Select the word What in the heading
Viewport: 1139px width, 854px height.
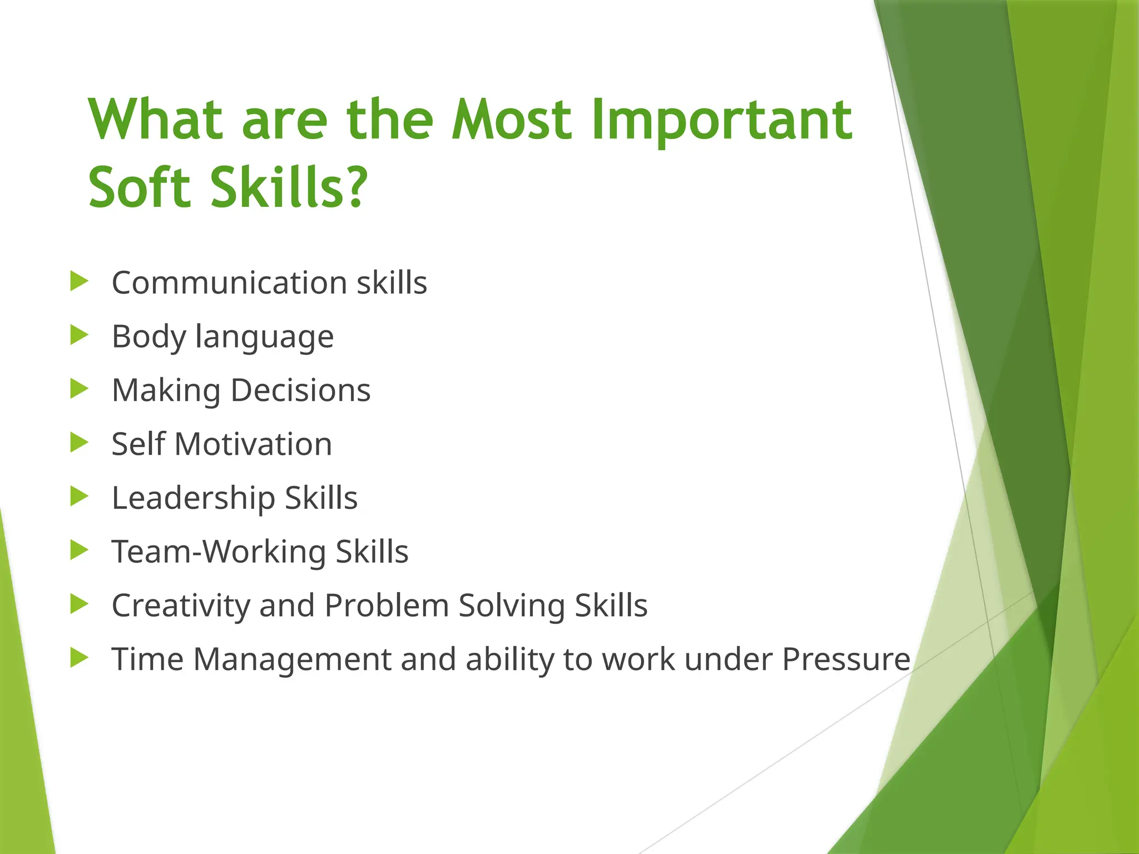(156, 120)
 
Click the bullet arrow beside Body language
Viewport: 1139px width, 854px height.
(79, 335)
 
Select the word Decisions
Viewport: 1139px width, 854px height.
(300, 390)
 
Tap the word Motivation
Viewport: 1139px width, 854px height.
(253, 444)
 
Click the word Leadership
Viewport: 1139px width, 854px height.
(193, 498)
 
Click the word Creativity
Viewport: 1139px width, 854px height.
(181, 605)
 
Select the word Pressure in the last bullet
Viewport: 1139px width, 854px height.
(846, 659)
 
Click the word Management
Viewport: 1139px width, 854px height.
(292, 659)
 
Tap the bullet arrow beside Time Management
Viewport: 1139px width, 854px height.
(79, 658)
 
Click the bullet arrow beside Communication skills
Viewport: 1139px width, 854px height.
(79, 281)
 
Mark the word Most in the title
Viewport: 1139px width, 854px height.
(511, 120)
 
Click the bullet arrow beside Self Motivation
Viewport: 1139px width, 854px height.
(79, 443)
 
